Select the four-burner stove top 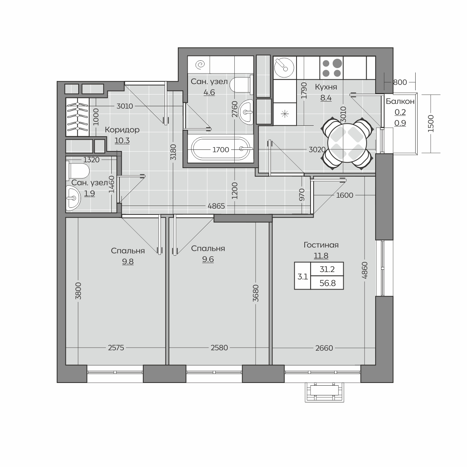click(331, 68)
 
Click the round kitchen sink click(284, 67)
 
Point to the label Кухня click(326, 87)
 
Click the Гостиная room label click(321, 245)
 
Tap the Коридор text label click(122, 130)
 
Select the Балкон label click(400, 101)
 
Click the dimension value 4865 click(216, 206)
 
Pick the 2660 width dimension click(324, 348)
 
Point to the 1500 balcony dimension click(431, 123)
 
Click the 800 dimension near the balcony click(400, 83)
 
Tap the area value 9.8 click(128, 262)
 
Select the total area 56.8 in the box click(327, 283)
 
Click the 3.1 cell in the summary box click(303, 277)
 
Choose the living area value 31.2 click(327, 269)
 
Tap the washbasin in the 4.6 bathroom click(246, 112)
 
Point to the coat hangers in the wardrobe click(77, 117)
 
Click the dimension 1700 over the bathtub click(221, 149)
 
